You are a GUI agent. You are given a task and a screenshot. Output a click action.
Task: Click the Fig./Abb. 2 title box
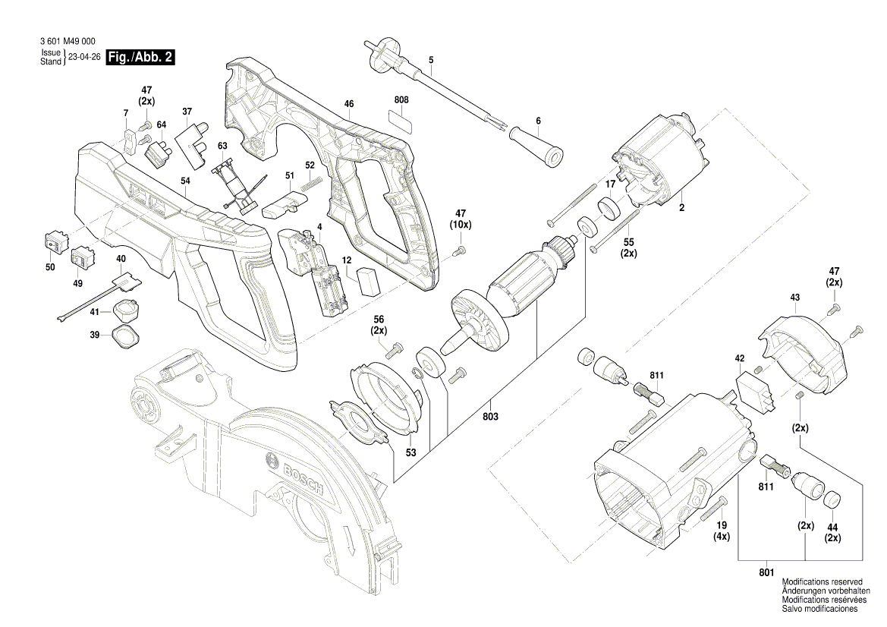(140, 58)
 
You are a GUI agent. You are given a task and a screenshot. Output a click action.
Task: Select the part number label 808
(401, 100)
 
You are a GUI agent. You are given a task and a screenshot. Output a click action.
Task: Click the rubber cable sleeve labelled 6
(536, 144)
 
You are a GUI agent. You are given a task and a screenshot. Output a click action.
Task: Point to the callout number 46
(348, 103)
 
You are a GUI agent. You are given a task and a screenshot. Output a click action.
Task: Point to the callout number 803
(489, 417)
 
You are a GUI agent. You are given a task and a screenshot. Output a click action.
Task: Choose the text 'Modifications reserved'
(822, 581)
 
